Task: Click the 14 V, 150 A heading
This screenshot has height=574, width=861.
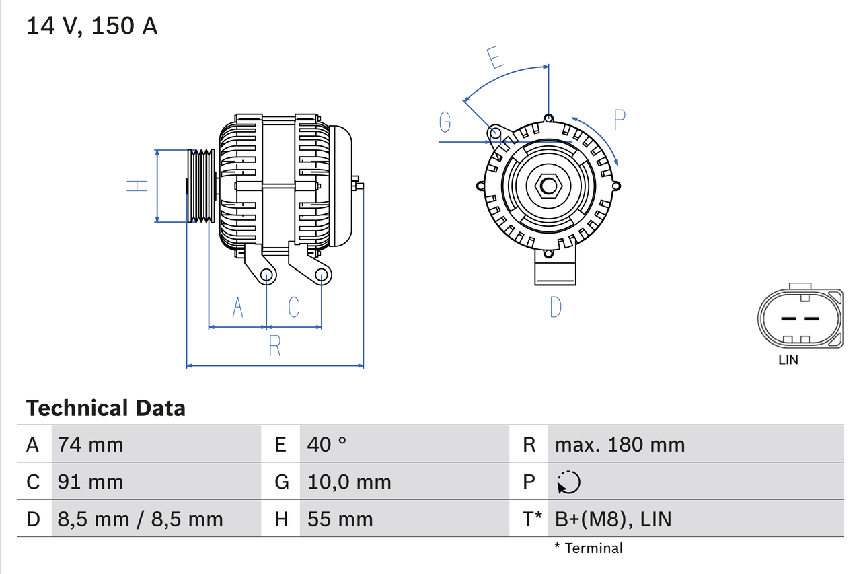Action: (92, 26)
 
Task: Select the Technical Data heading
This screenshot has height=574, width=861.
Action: (106, 408)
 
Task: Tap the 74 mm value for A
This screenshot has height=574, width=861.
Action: (91, 444)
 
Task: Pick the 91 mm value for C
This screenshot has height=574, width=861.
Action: (91, 482)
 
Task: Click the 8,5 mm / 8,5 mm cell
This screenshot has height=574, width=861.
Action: (140, 519)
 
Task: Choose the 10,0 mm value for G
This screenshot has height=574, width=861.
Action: (349, 482)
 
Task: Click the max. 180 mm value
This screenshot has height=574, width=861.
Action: (620, 444)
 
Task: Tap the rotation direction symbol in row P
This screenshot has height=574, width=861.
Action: (568, 482)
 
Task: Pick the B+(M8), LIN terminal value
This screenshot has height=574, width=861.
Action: (613, 519)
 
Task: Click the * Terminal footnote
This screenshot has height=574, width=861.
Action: (589, 548)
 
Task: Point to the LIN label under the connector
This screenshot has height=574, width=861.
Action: (788, 360)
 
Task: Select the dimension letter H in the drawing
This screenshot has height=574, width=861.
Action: (138, 185)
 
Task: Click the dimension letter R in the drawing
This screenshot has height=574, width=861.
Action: (274, 345)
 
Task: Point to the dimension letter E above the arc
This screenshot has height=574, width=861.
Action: (496, 58)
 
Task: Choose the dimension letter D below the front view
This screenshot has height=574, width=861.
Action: (555, 307)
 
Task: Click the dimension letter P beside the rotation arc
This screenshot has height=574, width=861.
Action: (620, 120)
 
